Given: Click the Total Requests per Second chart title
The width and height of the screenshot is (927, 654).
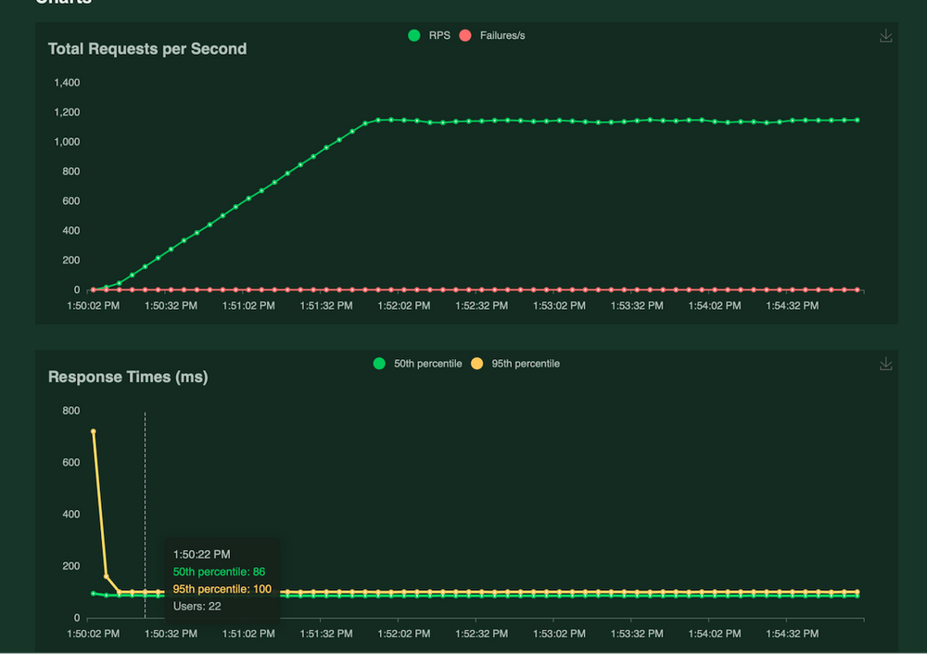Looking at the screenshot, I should point(147,48).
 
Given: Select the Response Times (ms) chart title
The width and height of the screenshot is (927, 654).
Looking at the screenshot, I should point(128,377).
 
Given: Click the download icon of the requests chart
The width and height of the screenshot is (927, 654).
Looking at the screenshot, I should point(885,36).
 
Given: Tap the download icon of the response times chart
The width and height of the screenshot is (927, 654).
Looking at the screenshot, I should point(885,365).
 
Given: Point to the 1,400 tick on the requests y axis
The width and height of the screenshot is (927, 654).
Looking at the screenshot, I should point(67,83).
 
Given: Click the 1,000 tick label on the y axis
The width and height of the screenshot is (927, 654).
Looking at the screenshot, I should point(67,142).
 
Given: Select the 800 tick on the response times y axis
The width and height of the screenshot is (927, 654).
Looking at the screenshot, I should point(70,411).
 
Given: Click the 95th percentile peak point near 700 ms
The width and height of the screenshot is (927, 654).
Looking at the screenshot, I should point(94,431).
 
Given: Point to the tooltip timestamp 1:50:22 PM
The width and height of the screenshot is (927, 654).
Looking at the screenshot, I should point(202,555).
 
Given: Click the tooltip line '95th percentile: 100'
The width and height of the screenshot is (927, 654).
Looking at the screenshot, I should point(222,589).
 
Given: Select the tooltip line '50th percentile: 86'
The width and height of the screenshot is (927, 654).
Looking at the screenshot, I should point(219,571).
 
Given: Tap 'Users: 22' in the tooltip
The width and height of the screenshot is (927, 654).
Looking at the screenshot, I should point(197,607).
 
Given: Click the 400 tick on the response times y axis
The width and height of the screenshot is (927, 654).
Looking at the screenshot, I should point(70,514).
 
